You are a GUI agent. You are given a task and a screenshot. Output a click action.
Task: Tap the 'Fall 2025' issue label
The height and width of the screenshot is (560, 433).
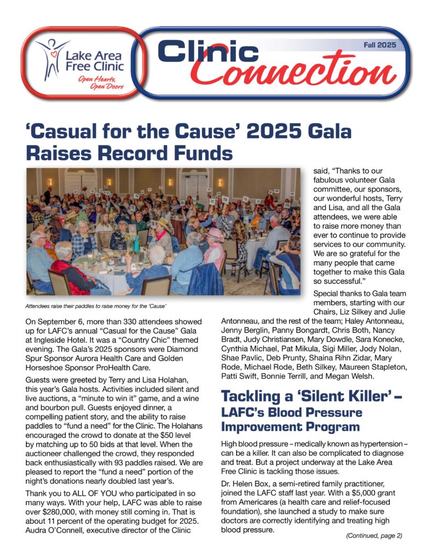[380, 45]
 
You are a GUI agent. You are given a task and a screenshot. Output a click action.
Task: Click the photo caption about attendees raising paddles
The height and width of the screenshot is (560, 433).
[96, 305]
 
